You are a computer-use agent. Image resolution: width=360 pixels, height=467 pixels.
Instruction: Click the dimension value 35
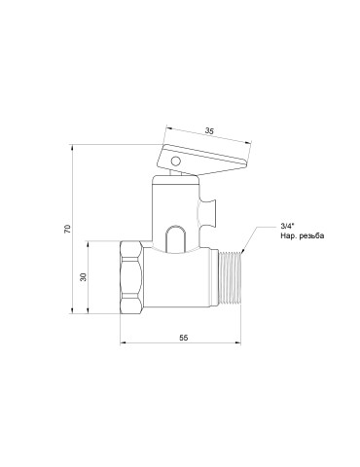pyautogui.click(x=209, y=131)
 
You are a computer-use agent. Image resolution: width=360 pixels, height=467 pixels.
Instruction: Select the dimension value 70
pyautogui.click(x=67, y=229)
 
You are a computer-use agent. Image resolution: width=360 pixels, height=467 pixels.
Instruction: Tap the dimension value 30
pyautogui.click(x=84, y=276)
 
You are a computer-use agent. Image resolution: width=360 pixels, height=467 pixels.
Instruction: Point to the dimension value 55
pyautogui.click(x=184, y=338)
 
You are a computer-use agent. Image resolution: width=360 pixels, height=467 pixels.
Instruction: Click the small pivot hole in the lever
pyautogui.click(x=175, y=161)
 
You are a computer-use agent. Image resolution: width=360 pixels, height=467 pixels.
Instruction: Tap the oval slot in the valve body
pyautogui.click(x=176, y=238)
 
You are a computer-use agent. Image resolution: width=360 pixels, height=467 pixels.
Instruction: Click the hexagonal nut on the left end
pyautogui.click(x=131, y=277)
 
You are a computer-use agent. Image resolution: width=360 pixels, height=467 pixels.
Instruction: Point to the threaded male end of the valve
pyautogui.click(x=231, y=278)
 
